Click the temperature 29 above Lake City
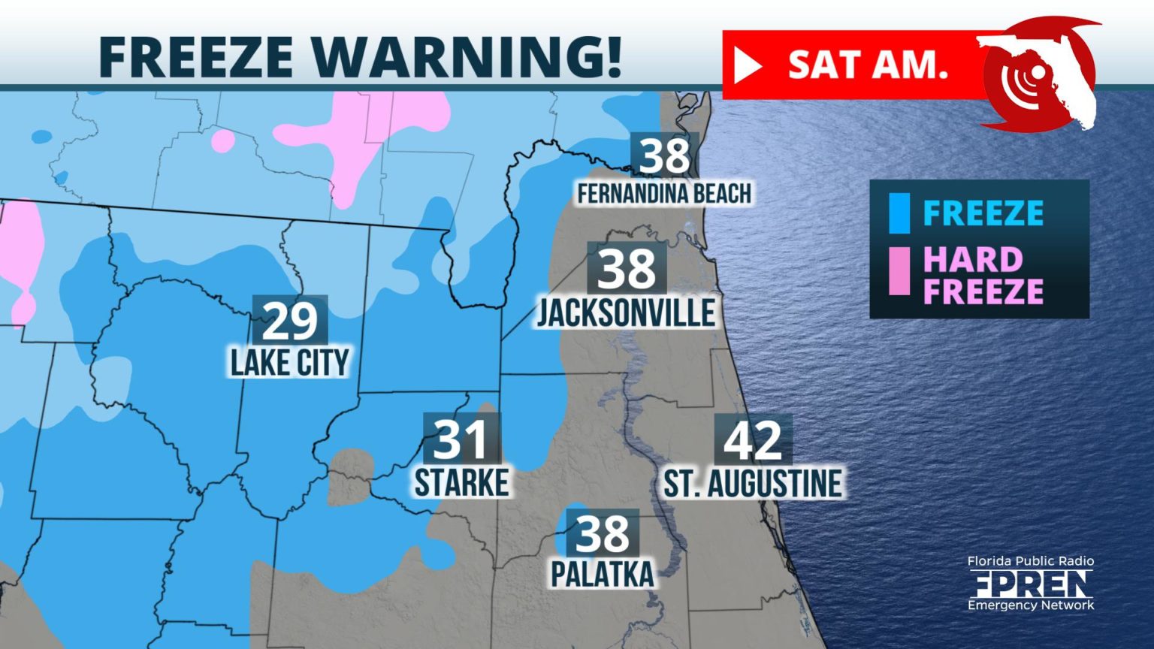(290, 321)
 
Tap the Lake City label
(290, 363)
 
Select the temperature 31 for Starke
(461, 439)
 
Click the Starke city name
(461, 482)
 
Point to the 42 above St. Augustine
(753, 440)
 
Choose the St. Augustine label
(753, 483)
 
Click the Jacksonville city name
(626, 312)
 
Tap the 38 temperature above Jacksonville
(627, 268)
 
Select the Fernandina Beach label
(664, 193)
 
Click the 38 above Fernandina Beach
(665, 155)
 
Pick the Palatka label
(603, 574)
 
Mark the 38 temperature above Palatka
(603, 533)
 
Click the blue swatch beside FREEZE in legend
(899, 213)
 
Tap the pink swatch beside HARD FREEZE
(899, 271)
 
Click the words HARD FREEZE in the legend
(982, 275)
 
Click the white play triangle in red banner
(747, 66)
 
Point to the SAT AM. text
(868, 65)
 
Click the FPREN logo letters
(1030, 583)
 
